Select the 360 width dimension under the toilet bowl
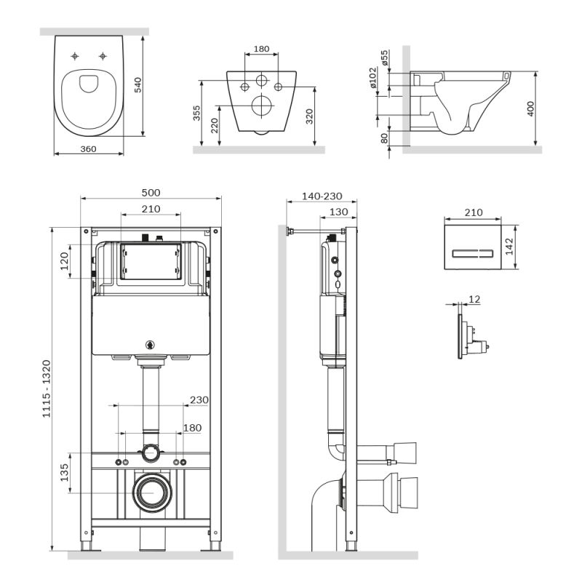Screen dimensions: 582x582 click(88, 148)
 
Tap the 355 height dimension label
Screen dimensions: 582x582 click(197, 114)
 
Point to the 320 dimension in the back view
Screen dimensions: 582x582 click(310, 117)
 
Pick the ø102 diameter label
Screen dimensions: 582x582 click(372, 78)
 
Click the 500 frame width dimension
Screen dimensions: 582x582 click(151, 193)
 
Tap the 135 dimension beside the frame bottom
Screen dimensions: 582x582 click(64, 473)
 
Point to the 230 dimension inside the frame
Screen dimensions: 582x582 click(199, 399)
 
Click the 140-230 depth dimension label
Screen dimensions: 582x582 click(320, 197)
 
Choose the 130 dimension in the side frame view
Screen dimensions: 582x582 click(338, 212)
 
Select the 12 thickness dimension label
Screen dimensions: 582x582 click(474, 299)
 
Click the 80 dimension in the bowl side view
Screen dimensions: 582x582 click(384, 137)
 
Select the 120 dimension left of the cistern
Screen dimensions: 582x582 click(64, 260)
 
